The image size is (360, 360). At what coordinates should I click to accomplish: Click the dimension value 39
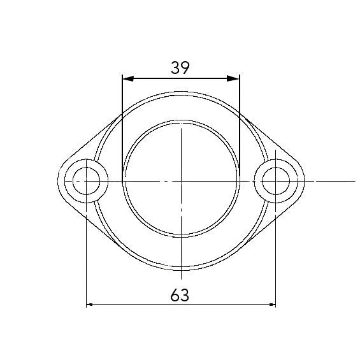[180, 68]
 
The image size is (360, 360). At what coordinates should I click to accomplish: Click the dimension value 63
[180, 294]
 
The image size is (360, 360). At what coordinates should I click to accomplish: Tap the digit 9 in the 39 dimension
[185, 68]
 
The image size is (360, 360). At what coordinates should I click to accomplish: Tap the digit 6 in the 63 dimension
[175, 294]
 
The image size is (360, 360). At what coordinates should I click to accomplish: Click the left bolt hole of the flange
[85, 181]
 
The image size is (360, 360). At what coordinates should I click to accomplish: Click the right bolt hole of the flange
[275, 181]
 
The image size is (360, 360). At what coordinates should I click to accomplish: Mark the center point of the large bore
[181, 181]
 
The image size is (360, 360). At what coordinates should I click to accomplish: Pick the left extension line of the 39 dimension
[122, 127]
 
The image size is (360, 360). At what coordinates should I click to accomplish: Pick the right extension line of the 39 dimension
[240, 127]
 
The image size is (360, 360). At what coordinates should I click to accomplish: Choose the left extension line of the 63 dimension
[86, 255]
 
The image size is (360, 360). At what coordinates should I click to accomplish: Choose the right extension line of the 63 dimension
[276, 255]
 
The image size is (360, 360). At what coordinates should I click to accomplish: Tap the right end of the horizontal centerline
[335, 181]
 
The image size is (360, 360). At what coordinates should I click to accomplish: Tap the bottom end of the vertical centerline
[181, 278]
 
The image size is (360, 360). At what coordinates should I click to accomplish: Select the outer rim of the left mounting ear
[59, 181]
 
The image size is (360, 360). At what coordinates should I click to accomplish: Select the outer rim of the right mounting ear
[302, 181]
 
